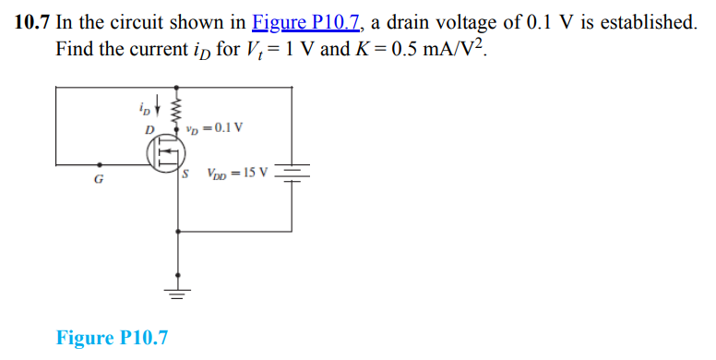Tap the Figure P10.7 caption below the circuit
click(112, 338)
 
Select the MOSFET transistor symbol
click(167, 152)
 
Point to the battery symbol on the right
click(292, 173)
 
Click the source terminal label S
click(186, 172)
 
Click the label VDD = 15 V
click(237, 172)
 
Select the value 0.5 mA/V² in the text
click(434, 48)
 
